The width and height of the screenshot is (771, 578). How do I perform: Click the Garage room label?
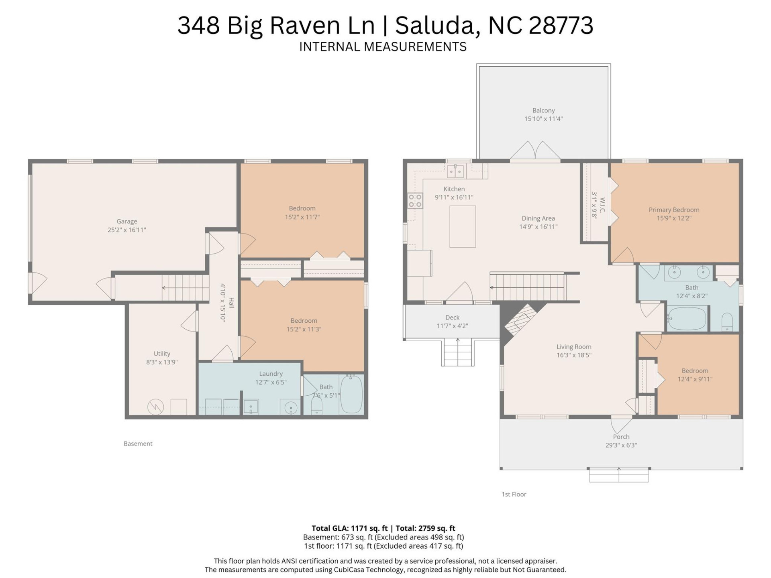tap(127, 221)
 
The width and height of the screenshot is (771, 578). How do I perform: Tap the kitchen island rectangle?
tap(462, 226)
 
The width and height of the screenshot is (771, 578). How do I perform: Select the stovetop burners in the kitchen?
tap(415, 200)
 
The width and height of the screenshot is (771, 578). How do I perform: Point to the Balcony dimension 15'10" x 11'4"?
tap(543, 119)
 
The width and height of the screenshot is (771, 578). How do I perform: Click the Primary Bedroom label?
tap(674, 210)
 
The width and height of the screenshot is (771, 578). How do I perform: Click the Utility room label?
tap(162, 354)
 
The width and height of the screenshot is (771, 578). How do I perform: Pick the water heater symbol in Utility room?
tap(155, 407)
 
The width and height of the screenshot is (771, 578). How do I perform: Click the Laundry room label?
tap(271, 374)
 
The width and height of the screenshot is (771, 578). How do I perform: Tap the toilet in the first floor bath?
tap(727, 322)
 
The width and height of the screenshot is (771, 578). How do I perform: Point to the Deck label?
tap(452, 317)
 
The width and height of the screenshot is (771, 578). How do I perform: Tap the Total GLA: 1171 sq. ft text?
tap(349, 528)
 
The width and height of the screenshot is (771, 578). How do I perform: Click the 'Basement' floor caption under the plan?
tap(138, 444)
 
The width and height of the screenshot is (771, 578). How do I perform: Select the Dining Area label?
tap(538, 218)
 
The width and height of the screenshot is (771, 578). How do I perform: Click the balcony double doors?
tap(535, 151)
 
